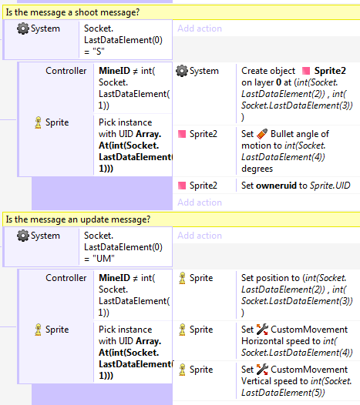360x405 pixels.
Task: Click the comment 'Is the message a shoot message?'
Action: (x=72, y=12)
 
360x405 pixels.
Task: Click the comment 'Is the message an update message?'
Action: (x=78, y=219)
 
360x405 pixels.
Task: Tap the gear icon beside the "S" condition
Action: (x=23, y=28)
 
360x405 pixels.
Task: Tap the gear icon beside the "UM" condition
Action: (x=23, y=236)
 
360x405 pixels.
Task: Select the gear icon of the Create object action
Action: (x=182, y=71)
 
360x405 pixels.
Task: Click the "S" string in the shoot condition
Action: (x=99, y=52)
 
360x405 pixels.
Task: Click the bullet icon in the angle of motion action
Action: (x=262, y=134)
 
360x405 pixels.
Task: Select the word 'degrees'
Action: (x=257, y=169)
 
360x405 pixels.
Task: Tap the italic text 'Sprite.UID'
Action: (x=330, y=186)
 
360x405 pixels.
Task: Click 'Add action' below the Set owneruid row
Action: (x=200, y=202)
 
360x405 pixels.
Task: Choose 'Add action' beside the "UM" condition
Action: (x=200, y=236)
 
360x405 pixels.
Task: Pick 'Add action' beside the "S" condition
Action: (x=200, y=28)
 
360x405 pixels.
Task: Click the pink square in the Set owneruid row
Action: (x=182, y=186)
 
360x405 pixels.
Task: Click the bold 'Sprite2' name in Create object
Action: (x=330, y=71)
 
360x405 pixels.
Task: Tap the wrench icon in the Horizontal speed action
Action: (x=262, y=330)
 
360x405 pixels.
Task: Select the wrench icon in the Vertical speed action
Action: (x=262, y=370)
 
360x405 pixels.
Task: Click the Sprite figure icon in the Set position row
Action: (x=183, y=278)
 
